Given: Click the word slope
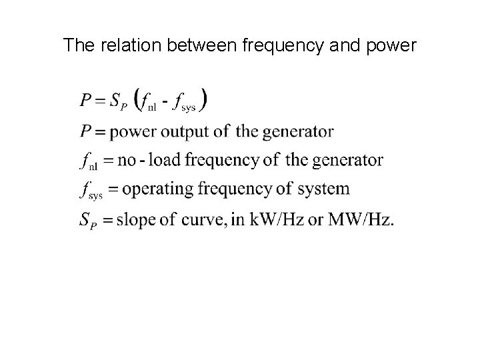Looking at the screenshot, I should [133, 218].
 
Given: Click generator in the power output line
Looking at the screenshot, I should [297, 131].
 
